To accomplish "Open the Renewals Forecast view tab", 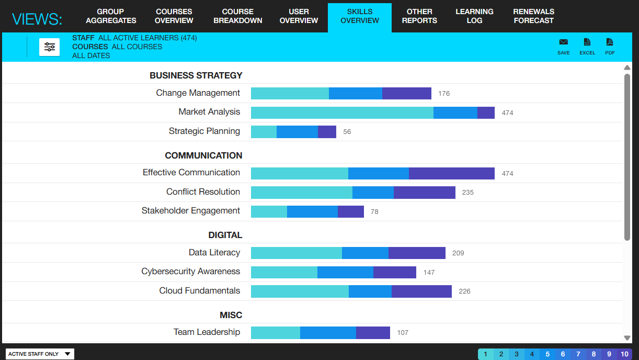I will (x=533, y=16).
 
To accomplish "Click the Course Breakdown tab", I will (x=238, y=16).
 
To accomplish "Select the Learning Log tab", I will (x=474, y=16).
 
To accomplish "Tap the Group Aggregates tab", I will (x=111, y=16).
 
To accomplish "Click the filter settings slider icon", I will (x=50, y=47).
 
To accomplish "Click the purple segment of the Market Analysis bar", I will (x=486, y=113).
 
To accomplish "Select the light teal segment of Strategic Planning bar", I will (x=264, y=132).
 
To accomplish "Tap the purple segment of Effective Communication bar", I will (x=451, y=173).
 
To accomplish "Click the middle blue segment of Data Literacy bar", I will (x=365, y=253).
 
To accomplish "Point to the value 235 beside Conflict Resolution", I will (x=467, y=193).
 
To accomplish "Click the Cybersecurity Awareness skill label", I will (x=190, y=272).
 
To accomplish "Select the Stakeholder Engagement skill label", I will (x=190, y=211).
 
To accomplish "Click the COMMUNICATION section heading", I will (x=203, y=155).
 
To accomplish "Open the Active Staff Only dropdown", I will (x=40, y=354).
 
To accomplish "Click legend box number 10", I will (x=624, y=354).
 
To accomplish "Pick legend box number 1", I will (x=485, y=354).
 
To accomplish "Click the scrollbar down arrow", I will (x=627, y=338).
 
